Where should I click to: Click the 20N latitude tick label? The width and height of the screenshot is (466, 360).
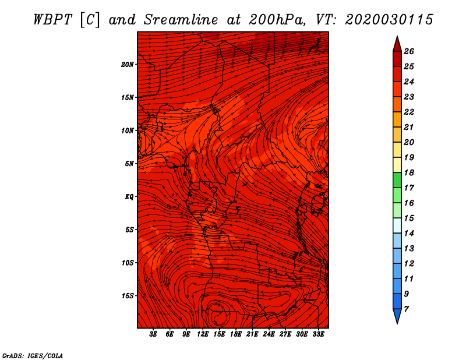point(127,65)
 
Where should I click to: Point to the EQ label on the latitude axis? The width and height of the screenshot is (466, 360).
point(129,197)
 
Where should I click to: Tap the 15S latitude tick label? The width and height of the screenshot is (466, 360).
point(127,296)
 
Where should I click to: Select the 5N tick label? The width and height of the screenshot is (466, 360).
point(129,164)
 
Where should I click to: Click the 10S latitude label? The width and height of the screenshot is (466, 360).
point(127,263)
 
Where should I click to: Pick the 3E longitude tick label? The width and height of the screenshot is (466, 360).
point(153,334)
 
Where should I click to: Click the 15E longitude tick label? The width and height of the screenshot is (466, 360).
point(219,334)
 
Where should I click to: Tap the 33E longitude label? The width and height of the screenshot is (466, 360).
point(318,334)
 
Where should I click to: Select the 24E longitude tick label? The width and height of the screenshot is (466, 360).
point(269,334)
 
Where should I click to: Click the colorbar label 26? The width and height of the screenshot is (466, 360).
point(409,51)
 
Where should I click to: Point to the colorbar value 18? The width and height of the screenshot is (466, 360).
point(409,172)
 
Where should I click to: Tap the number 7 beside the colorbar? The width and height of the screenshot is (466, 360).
point(406,309)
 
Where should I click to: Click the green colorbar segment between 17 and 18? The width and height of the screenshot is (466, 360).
point(397,180)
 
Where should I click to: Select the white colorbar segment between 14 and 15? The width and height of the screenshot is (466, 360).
point(397,225)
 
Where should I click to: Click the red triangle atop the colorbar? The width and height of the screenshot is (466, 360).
point(397,44)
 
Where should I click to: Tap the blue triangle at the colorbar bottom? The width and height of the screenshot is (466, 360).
point(397,316)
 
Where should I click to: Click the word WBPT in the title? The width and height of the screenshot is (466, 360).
point(52,20)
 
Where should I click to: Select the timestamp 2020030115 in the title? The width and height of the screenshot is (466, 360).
point(389,20)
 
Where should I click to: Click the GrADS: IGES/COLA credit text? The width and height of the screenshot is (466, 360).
point(33,356)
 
